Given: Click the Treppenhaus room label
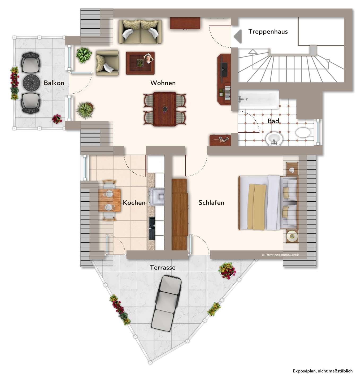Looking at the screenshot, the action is pyautogui.click(x=268, y=32).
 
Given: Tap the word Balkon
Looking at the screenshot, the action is pyautogui.click(x=54, y=83).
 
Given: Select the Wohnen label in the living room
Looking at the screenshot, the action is pyautogui.click(x=163, y=83).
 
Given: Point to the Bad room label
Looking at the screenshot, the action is pyautogui.click(x=273, y=121).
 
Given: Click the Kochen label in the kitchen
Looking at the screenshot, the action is pyautogui.click(x=134, y=203).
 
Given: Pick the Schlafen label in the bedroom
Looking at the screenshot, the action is pyautogui.click(x=211, y=203).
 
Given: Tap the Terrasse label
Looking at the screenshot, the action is pyautogui.click(x=163, y=268).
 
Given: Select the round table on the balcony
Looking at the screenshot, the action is pyautogui.click(x=31, y=83).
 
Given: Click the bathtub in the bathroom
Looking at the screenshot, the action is pyautogui.click(x=259, y=99).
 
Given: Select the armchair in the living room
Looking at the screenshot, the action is pyautogui.click(x=107, y=63).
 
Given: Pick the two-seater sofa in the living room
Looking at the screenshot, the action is pyautogui.click(x=140, y=32).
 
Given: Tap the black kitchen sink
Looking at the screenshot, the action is pyautogui.click(x=152, y=228).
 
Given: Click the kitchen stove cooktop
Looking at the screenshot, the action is pyautogui.click(x=156, y=197).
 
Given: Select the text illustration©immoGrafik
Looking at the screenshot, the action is pyautogui.click(x=280, y=255).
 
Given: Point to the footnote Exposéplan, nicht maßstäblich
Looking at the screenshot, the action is pyautogui.click(x=323, y=371).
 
